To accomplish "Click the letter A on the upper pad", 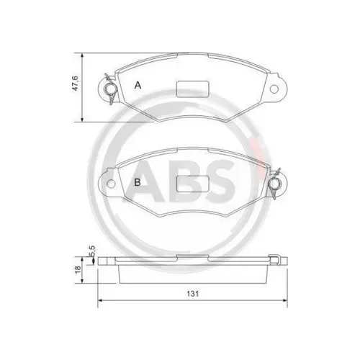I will coord(138,85).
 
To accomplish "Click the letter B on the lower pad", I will coord(138,181).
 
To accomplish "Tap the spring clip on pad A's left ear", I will coord(109,89).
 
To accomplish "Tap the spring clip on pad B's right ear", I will coord(274,187).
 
